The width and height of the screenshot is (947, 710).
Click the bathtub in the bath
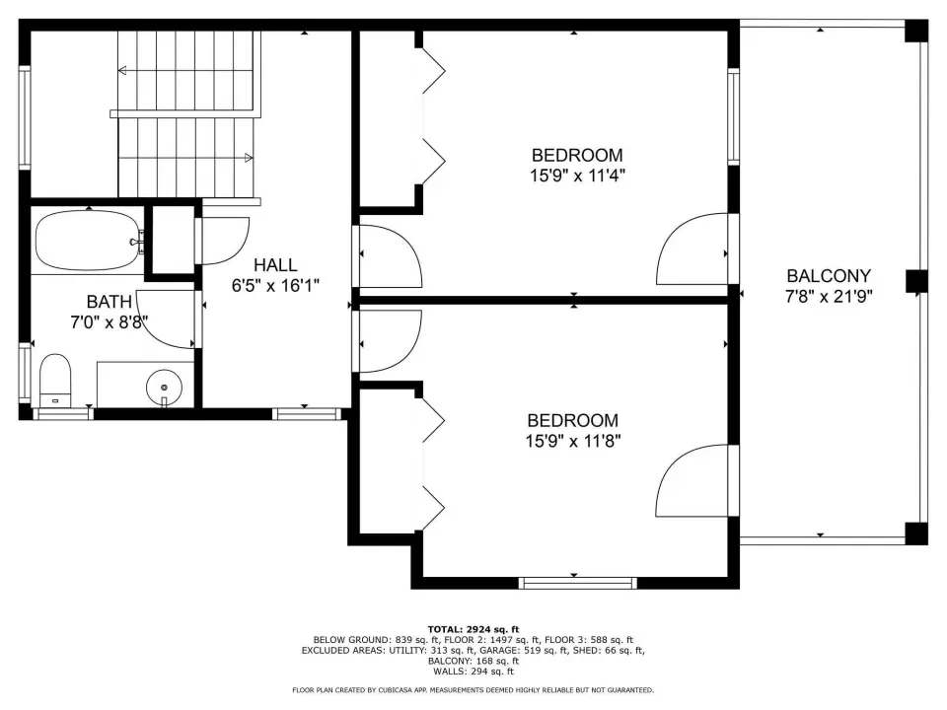(88, 241)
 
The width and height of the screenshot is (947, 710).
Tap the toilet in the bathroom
(55, 381)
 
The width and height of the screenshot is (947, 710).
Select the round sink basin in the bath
(164, 387)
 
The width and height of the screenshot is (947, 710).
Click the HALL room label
(275, 265)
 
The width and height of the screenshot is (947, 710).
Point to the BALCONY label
(829, 276)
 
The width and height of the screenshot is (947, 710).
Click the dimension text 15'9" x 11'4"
(577, 176)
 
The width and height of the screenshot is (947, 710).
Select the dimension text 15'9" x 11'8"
(573, 442)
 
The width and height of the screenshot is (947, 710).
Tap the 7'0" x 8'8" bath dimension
(109, 321)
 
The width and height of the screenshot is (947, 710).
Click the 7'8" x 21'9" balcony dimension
(829, 297)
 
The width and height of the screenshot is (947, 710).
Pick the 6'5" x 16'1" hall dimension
(275, 286)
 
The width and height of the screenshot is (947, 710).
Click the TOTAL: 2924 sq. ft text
(473, 630)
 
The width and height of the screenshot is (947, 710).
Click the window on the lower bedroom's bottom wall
(577, 583)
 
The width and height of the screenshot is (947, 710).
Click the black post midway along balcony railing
(916, 281)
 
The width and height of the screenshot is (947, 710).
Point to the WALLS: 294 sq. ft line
(473, 672)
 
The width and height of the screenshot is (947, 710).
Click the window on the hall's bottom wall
(307, 414)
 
